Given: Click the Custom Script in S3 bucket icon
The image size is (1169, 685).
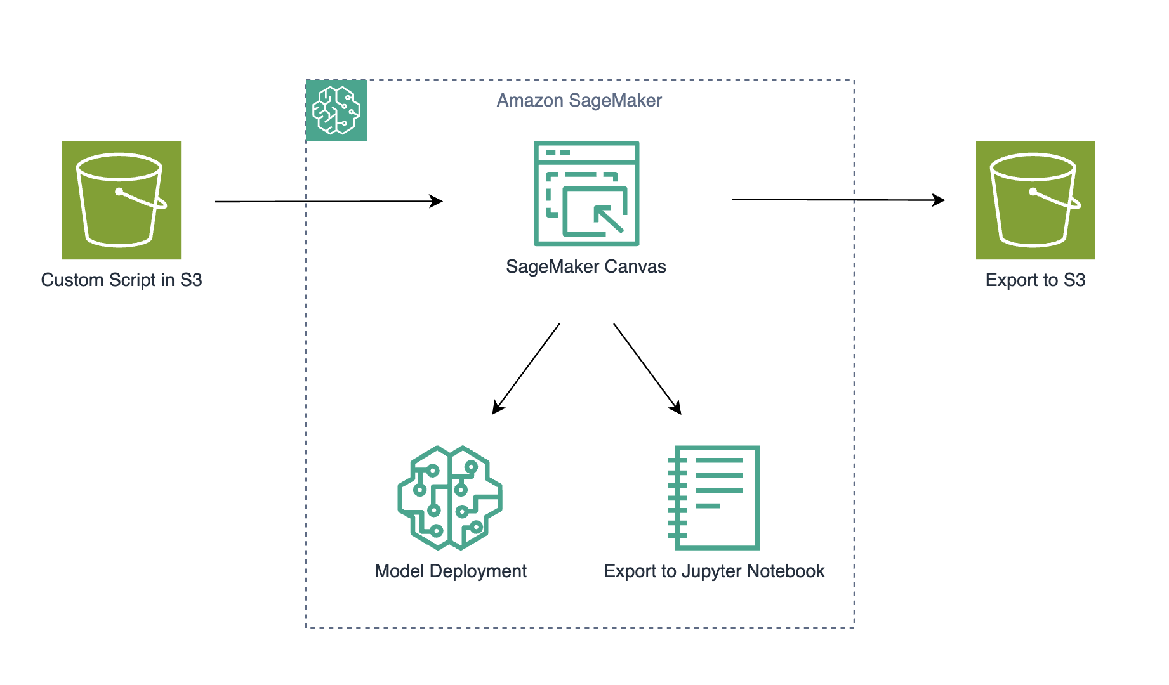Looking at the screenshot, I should (121, 200).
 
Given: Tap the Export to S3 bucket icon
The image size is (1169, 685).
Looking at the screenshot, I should (1035, 200).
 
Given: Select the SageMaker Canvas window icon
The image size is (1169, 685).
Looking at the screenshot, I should (586, 193).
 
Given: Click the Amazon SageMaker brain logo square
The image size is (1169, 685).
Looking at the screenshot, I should (336, 110).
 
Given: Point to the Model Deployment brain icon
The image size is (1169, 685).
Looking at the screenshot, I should (450, 498).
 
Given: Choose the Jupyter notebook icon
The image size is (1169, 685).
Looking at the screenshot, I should (714, 498).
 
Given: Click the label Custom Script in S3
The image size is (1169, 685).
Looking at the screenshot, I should (121, 280).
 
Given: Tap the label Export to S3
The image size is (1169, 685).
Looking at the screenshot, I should (1035, 280).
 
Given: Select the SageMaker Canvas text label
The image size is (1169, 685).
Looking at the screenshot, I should (586, 266).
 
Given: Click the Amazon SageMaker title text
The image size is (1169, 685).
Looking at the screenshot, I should (579, 100).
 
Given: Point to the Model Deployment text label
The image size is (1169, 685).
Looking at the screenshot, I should (451, 571).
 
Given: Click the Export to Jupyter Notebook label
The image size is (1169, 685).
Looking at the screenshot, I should (714, 571).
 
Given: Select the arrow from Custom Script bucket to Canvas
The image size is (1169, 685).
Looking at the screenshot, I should (328, 201).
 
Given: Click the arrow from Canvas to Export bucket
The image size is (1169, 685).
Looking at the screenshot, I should (838, 200).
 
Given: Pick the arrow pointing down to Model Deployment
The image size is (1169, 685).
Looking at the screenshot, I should (526, 369).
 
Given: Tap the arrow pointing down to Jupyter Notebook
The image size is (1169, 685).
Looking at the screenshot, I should (647, 369).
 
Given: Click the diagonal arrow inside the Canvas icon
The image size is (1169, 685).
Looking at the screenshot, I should (608, 219).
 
